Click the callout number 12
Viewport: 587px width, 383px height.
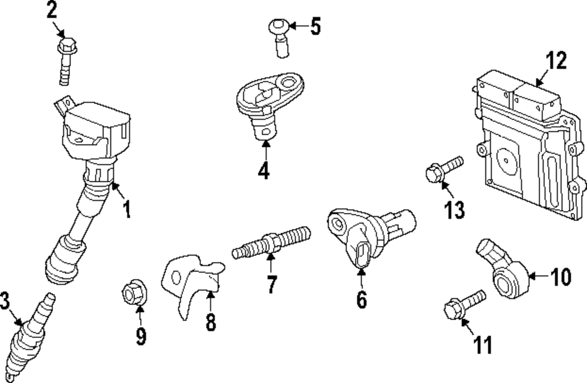[556, 61]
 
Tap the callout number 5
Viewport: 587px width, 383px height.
[316, 26]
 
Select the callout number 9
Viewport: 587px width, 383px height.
[141, 336]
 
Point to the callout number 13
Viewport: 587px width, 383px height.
[454, 210]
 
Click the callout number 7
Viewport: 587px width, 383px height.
[271, 284]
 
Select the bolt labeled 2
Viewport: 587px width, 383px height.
[66, 61]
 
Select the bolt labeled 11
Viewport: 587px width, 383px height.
[464, 305]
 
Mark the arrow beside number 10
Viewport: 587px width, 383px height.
[539, 276]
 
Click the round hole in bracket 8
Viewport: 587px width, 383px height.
[175, 277]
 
